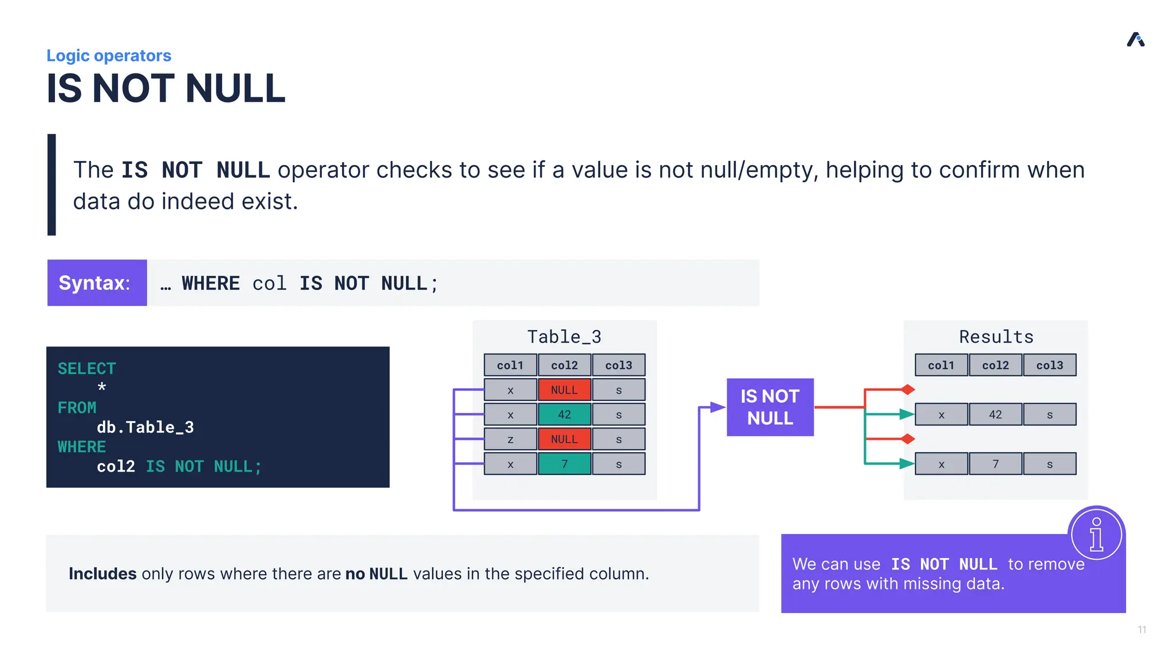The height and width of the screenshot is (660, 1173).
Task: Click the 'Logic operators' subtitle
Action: (109, 56)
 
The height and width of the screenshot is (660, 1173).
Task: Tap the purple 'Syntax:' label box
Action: (97, 283)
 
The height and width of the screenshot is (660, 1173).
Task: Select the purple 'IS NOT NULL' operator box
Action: (770, 407)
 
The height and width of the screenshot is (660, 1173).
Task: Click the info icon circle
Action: (1096, 534)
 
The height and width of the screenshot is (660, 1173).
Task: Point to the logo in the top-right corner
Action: (1135, 40)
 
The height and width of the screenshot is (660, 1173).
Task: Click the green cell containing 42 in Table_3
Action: (564, 414)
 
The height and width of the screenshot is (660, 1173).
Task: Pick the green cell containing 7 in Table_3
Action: (564, 464)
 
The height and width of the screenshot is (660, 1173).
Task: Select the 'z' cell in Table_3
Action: (510, 439)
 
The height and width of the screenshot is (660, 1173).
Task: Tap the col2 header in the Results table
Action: (995, 365)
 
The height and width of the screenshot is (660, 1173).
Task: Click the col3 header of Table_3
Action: (619, 365)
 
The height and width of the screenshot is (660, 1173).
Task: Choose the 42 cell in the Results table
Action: (995, 414)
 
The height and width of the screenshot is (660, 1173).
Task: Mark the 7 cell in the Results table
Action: (995, 464)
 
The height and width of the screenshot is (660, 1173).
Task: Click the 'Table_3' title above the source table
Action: (564, 337)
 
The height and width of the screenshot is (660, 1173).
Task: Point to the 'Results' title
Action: (996, 337)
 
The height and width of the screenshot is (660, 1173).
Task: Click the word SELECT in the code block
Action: (86, 368)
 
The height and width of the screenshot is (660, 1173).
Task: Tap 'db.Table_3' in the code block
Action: (145, 427)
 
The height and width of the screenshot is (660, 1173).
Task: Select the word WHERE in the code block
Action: (81, 447)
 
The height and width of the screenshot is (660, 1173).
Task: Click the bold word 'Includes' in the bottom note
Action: (103, 573)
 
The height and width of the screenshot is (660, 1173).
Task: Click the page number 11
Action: (1141, 630)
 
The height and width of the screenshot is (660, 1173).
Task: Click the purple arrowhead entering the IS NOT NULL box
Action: (718, 407)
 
